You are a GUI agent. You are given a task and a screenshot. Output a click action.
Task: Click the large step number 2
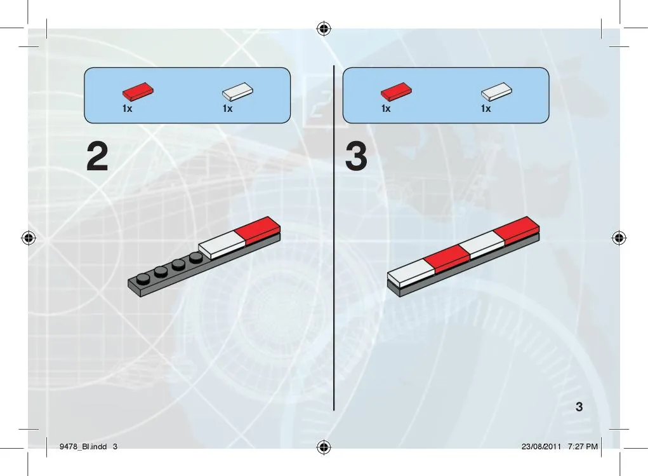[x=98, y=156]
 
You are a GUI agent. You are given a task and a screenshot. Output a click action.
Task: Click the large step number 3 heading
[x=356, y=156]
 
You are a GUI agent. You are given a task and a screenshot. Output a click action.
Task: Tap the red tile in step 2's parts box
[x=138, y=92]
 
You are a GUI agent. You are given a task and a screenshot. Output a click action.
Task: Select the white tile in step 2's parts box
[x=237, y=92]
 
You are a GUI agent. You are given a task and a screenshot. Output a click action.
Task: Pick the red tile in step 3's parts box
[x=396, y=92]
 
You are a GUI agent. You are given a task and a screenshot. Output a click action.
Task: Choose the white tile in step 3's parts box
[x=496, y=92]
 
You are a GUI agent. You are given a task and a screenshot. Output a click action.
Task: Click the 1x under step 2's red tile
[x=128, y=109]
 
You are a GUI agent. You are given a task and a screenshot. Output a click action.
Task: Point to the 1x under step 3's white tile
[x=486, y=109]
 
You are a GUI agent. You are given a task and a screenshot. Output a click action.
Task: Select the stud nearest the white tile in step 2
[x=196, y=258]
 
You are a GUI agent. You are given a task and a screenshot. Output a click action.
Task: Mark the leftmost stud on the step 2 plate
[x=143, y=279]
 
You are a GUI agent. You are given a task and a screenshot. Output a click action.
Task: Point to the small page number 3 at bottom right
[x=579, y=407]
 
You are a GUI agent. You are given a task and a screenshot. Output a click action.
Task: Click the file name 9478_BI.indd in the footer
[x=83, y=446]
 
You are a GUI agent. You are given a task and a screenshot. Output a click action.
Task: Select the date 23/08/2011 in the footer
[x=541, y=446]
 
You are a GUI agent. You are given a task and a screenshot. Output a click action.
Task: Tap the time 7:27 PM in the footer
[x=583, y=446]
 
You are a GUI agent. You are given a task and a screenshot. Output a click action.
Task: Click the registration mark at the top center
[x=324, y=29]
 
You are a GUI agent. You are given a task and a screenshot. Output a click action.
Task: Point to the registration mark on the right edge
[x=619, y=238]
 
